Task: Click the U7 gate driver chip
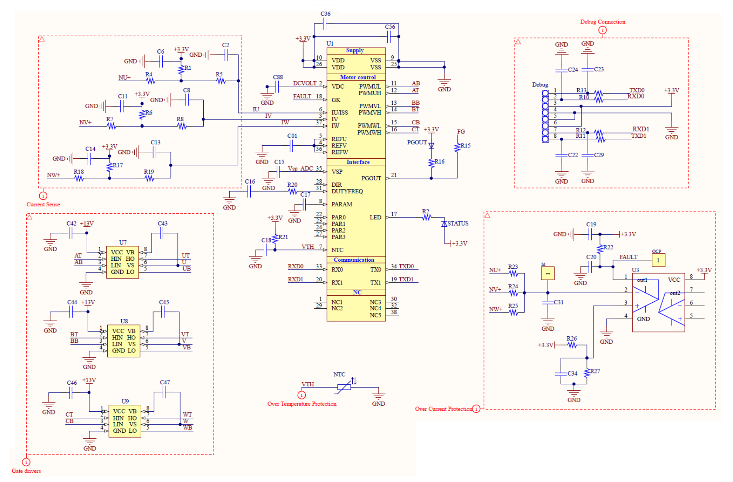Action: [x=123, y=262]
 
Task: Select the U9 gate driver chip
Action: [x=125, y=420]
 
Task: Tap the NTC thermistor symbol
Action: [x=344, y=386]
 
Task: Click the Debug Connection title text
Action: [x=602, y=22]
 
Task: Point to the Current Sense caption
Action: [x=43, y=204]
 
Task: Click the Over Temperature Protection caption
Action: [x=302, y=404]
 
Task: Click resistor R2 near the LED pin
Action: [x=426, y=217]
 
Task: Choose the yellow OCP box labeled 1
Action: [x=658, y=260]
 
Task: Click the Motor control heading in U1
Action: [x=358, y=77]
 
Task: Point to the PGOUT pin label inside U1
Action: [x=371, y=178]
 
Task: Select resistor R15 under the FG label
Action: [x=457, y=147]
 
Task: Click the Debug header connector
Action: [x=545, y=116]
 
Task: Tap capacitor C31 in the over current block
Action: [x=548, y=302]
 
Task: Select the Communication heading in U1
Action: [x=354, y=260]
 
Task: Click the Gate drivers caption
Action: [x=26, y=471]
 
